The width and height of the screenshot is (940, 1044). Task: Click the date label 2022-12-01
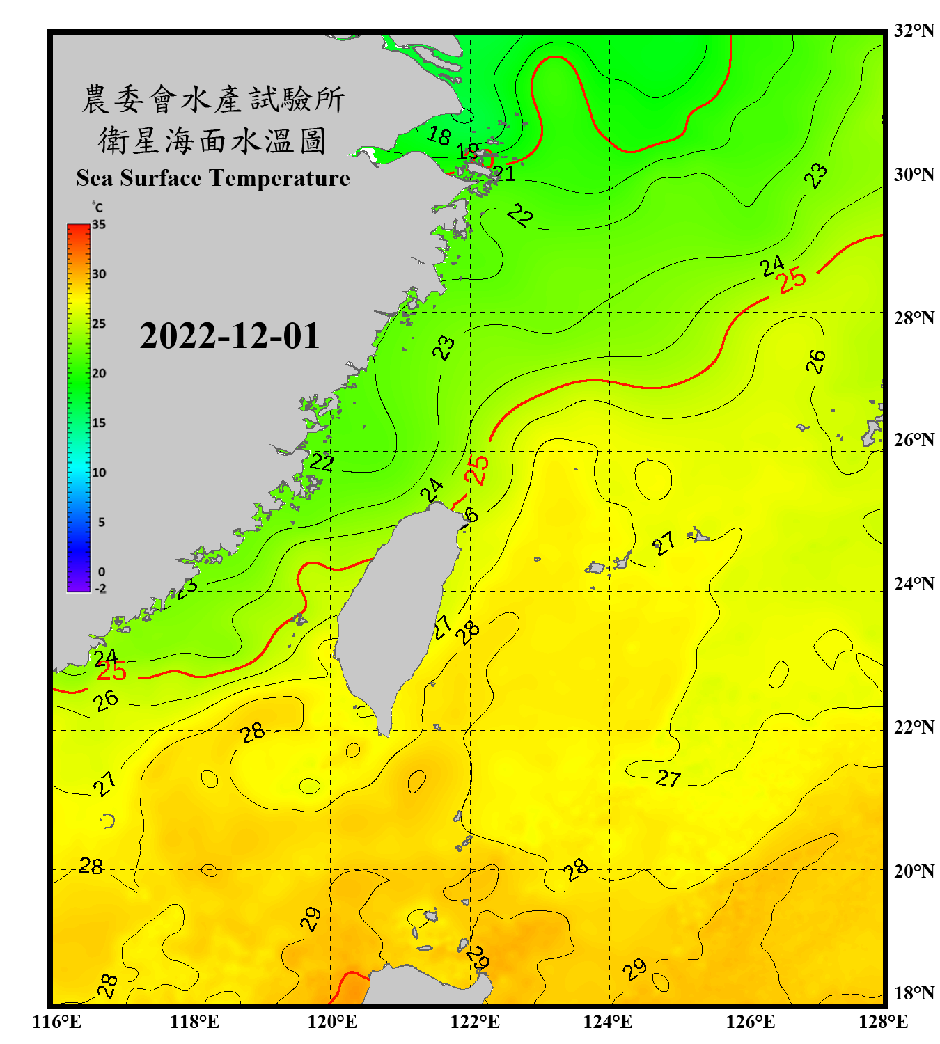coord(229,336)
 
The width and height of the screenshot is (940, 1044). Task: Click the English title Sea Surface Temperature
coord(212,178)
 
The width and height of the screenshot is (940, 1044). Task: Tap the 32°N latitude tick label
coord(914,31)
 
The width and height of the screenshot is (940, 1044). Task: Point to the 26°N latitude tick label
coord(914,440)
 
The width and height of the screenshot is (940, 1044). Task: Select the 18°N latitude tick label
coord(914,993)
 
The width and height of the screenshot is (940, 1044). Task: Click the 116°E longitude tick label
coord(56,1022)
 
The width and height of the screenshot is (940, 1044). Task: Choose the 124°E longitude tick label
coord(608,1022)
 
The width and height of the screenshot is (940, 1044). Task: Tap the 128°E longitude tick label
coord(883,1022)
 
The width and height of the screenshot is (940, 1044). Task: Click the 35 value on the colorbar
coord(99,225)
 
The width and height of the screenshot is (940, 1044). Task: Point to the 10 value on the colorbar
coord(99,473)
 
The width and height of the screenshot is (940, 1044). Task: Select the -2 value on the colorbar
coord(100,589)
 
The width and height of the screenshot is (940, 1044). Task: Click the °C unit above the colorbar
coord(97,207)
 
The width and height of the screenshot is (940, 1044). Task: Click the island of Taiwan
coord(397,612)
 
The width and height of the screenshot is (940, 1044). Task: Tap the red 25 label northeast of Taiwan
coord(477,470)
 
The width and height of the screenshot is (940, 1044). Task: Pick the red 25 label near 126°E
coord(792,280)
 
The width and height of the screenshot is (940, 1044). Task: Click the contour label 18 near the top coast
coord(439,135)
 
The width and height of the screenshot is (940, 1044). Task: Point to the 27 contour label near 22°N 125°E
coord(668,778)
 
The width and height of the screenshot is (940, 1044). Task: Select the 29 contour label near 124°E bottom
coord(634,969)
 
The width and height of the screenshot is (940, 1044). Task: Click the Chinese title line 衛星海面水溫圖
coord(212,141)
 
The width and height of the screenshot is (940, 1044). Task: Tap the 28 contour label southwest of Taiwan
coord(252,732)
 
